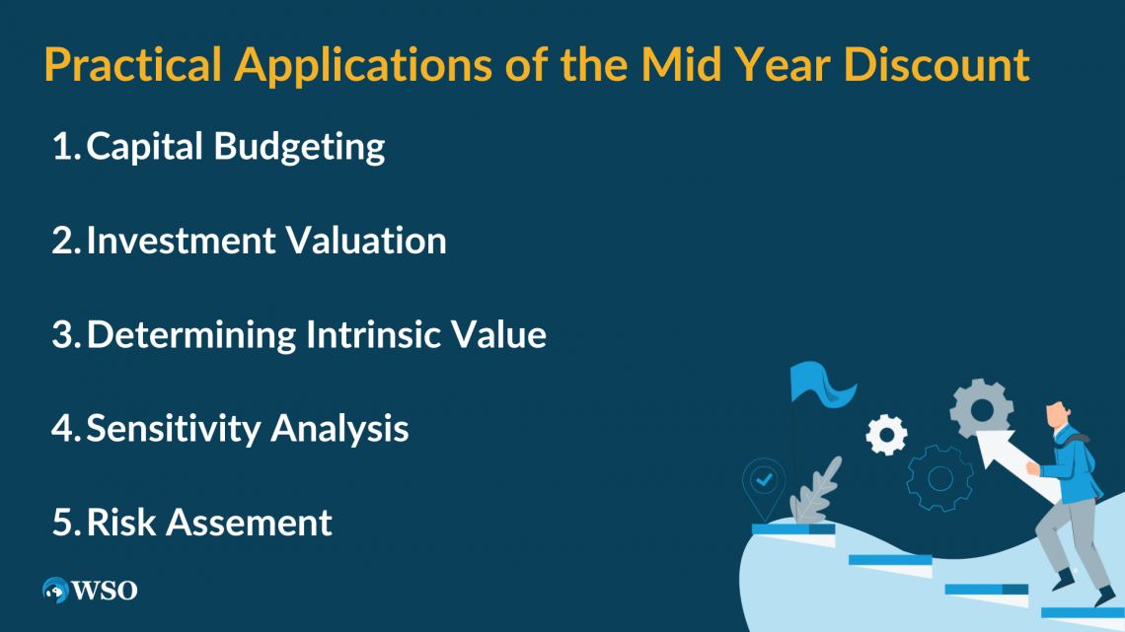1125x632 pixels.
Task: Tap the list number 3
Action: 64,335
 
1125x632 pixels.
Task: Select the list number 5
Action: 64,523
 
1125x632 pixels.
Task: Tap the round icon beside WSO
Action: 54,591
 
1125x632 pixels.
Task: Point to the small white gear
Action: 885,434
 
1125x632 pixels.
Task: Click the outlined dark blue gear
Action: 938,478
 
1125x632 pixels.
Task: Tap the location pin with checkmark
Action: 764,483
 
